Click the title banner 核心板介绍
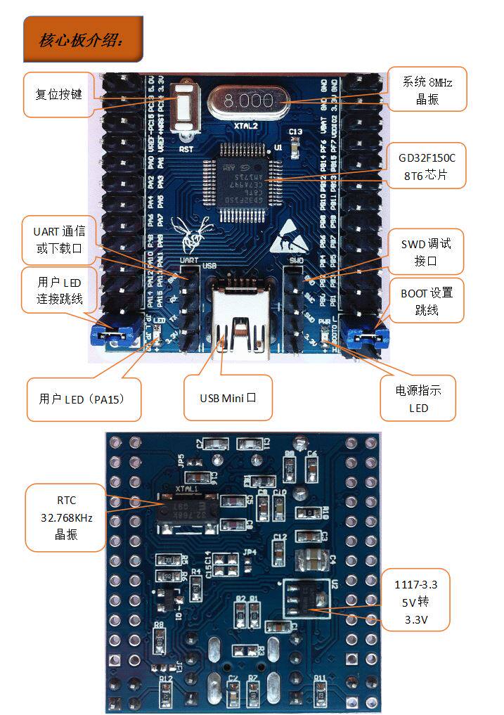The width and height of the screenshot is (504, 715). pos(82,39)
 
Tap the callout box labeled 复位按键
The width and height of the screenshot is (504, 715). pos(58,94)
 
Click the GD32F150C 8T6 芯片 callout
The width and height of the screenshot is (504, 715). pos(427,166)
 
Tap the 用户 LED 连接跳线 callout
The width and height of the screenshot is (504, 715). pos(60,290)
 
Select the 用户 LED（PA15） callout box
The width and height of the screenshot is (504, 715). pos(84,399)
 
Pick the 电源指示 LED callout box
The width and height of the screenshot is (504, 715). pos(418,399)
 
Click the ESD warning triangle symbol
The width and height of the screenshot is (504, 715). pos(289,236)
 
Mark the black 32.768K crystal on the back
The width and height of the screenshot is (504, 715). pos(186,509)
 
